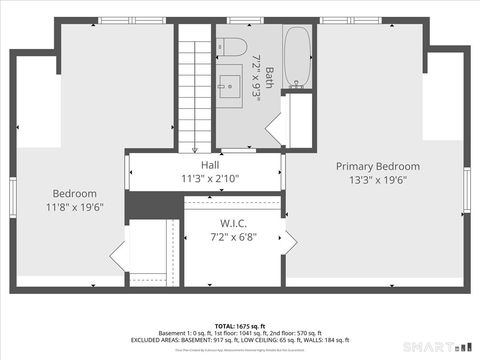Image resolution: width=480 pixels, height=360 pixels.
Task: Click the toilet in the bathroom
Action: (x=233, y=47)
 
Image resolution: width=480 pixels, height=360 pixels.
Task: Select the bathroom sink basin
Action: (x=232, y=84)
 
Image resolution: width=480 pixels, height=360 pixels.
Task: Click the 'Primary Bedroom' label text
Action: (x=377, y=166)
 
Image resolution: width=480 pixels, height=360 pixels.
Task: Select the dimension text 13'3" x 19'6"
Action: (x=377, y=180)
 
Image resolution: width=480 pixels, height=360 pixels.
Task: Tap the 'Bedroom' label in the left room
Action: (x=75, y=193)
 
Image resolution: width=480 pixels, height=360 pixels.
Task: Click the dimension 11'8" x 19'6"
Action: (x=75, y=207)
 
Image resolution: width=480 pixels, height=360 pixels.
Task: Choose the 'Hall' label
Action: (x=210, y=165)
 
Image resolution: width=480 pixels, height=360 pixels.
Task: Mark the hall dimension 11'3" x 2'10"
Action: (x=210, y=179)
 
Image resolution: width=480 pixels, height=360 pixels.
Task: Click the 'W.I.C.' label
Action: (x=233, y=223)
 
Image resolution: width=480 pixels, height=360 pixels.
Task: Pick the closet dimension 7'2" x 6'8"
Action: (x=233, y=237)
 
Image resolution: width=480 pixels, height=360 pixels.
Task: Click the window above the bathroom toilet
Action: (x=237, y=21)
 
